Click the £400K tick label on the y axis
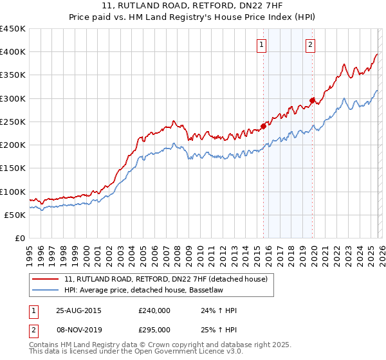pos(13,52)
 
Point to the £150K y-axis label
pos(13,168)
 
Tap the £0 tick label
pos(19,239)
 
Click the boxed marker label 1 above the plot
pos(262,44)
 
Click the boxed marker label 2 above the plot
pos(310,44)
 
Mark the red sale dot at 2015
pos(263,126)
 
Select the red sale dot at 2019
pos(312,100)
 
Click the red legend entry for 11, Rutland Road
pos(170,278)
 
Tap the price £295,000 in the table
pos(154,329)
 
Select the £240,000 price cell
pos(154,310)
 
